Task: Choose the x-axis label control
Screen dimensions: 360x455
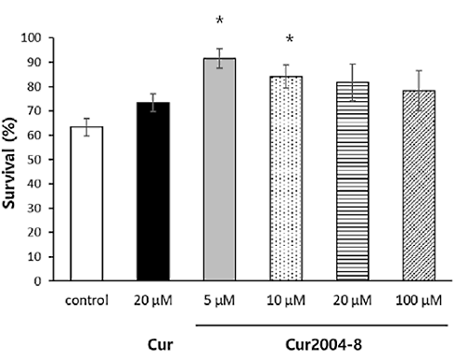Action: click(86, 300)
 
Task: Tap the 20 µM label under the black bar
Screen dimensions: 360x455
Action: click(153, 300)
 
